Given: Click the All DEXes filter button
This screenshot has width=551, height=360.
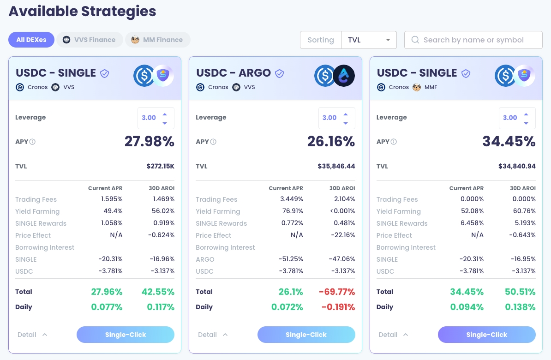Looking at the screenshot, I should pos(31,40).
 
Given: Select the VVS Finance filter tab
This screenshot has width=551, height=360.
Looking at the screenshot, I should pos(90,40).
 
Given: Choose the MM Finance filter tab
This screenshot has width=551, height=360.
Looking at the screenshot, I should pos(157,40).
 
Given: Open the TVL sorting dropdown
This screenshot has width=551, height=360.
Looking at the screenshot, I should pos(369,40).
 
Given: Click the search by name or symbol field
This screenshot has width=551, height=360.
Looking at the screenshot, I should pos(473,40).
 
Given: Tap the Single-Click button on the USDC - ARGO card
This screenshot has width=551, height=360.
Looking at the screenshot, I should pos(306,335).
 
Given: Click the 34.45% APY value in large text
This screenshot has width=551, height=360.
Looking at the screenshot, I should pos(509,142).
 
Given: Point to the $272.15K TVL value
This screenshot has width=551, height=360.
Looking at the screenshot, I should pos(160,166).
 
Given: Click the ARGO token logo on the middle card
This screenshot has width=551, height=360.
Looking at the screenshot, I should pos(344,76).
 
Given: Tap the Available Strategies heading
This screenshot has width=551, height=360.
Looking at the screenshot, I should pos(83,11).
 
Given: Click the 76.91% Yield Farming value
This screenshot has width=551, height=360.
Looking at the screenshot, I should pos(292,211).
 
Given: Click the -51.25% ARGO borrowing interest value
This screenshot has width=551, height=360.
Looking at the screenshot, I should pos(291,259).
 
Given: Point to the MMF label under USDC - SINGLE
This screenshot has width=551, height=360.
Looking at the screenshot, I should pos(431,87).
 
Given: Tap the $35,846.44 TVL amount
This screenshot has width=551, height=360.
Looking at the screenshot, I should pos(336,166).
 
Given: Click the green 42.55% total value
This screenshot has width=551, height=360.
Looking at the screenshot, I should pos(157,292).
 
